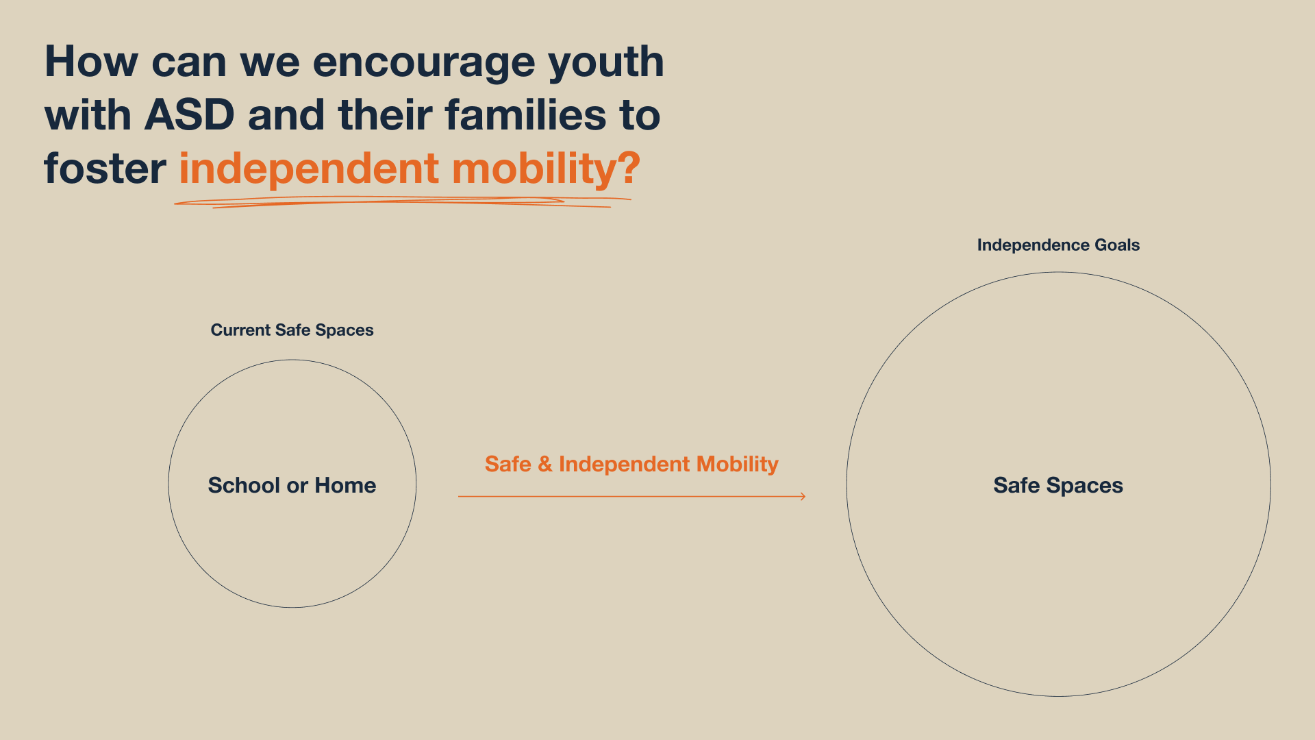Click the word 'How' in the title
(92, 62)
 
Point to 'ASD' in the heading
(190, 114)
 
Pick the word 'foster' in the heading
(105, 168)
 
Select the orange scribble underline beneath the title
(403, 202)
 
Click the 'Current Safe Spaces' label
(292, 330)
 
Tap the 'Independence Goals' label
(1058, 245)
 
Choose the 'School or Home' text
(292, 485)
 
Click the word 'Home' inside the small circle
(345, 485)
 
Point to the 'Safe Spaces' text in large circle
(1058, 486)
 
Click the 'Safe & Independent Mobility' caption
(631, 465)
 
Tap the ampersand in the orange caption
(545, 464)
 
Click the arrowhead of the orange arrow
(803, 496)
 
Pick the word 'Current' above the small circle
(240, 330)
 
